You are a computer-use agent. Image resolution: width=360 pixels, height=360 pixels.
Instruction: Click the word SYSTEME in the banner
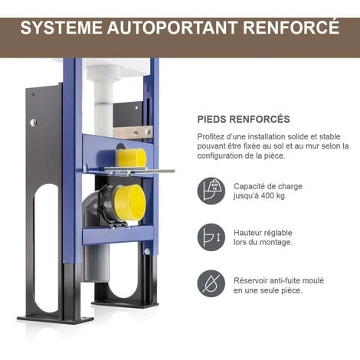[x=61, y=27]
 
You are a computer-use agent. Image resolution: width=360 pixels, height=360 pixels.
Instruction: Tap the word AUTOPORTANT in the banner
[x=172, y=27]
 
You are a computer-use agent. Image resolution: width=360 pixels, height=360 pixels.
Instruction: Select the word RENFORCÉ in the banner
[x=291, y=27]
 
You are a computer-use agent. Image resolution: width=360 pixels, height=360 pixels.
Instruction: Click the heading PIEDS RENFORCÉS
[x=244, y=119]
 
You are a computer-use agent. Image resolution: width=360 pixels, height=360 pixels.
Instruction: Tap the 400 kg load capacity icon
[x=211, y=191]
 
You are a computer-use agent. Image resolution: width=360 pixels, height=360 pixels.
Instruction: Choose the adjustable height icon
[x=211, y=237]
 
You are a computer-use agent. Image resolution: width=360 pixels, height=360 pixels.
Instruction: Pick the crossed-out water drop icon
[x=211, y=283]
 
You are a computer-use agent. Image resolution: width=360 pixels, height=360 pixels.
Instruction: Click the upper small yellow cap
[x=131, y=158]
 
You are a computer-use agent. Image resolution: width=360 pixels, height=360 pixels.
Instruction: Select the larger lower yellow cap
[x=130, y=202]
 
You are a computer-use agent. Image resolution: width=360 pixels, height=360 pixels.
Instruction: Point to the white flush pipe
[x=103, y=98]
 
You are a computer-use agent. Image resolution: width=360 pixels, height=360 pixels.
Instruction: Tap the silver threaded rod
[x=139, y=170]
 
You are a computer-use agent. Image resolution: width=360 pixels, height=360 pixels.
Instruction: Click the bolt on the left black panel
[x=33, y=123]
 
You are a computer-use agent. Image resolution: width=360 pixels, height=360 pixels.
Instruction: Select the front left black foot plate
[x=55, y=319]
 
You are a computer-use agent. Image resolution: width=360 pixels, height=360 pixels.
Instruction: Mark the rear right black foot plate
[x=125, y=303]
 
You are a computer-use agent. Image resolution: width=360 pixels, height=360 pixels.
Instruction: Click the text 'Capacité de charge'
[x=268, y=186]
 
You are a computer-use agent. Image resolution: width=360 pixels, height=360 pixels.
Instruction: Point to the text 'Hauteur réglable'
[x=263, y=233]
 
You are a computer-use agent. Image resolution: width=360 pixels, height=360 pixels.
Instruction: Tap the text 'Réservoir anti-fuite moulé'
[x=279, y=280]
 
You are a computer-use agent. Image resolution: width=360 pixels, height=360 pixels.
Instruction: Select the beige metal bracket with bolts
[x=133, y=133]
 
